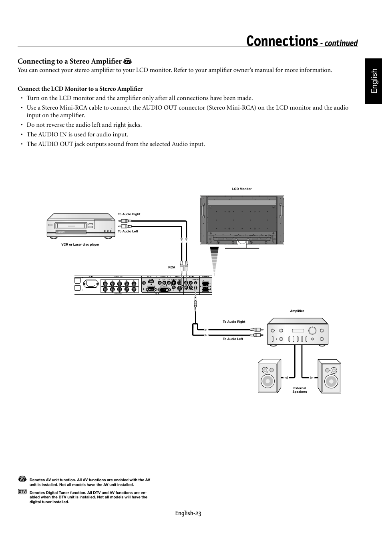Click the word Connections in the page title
[282, 41]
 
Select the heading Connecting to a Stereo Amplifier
[69, 61]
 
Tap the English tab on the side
[374, 81]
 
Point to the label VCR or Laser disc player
[80, 244]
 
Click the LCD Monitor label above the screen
[242, 189]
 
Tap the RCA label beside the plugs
[171, 267]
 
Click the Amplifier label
[297, 311]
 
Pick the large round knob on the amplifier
[312, 330]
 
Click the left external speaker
[269, 376]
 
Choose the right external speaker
[329, 376]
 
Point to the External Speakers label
[300, 390]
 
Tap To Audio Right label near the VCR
[129, 214]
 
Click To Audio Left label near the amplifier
[233, 339]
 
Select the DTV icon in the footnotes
[22, 491]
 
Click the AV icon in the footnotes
[22, 479]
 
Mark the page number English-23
[188, 513]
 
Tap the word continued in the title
[341, 43]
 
